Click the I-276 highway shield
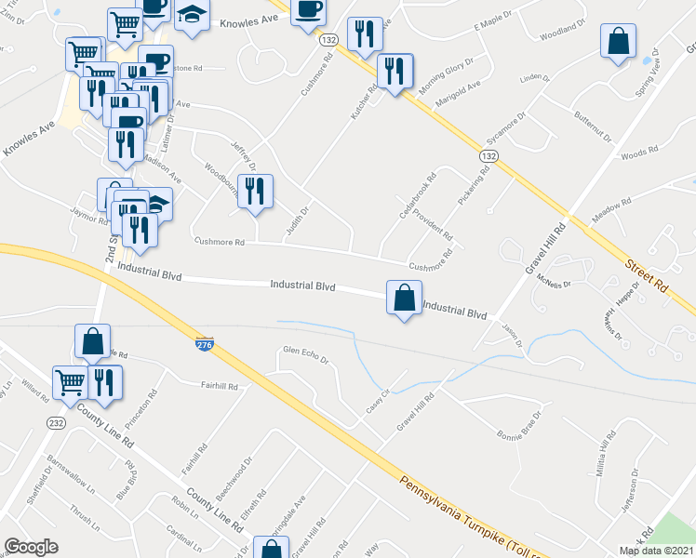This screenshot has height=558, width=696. click(205, 345)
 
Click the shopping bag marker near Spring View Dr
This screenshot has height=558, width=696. click(618, 42)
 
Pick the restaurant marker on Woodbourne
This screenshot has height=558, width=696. click(254, 191)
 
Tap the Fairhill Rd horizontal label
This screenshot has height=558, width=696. click(220, 386)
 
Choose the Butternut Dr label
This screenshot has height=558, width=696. click(592, 125)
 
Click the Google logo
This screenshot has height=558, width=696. click(31, 547)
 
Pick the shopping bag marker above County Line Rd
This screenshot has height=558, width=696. click(93, 341)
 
